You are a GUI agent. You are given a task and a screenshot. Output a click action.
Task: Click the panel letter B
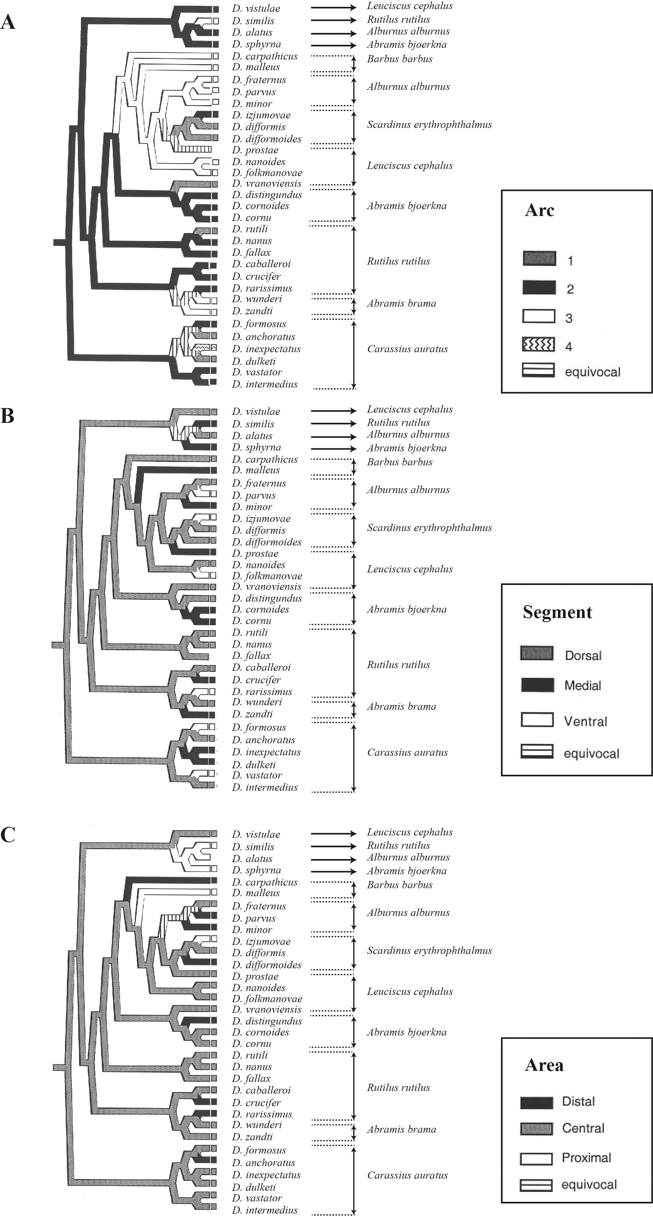point(7,416)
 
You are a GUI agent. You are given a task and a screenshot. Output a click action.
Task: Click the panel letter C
point(8,835)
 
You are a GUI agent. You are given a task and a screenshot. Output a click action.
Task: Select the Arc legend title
point(539,211)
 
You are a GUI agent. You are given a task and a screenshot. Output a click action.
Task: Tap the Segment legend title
point(557,612)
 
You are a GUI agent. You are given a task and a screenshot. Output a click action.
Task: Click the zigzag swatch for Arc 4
point(539,345)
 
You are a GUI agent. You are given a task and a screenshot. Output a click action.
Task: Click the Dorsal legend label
point(583,656)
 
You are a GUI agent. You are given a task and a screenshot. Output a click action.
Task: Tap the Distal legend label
point(578,1101)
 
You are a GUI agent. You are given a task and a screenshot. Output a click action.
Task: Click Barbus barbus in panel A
point(400,59)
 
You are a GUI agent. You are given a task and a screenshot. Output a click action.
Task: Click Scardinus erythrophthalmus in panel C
point(429,951)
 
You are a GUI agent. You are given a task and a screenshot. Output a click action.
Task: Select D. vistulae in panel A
point(256,8)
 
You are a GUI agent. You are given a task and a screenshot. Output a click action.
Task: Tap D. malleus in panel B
point(256,470)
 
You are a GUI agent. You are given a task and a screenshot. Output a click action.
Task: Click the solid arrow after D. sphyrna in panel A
point(334,45)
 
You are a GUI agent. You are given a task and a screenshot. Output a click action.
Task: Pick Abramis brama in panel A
point(402,303)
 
